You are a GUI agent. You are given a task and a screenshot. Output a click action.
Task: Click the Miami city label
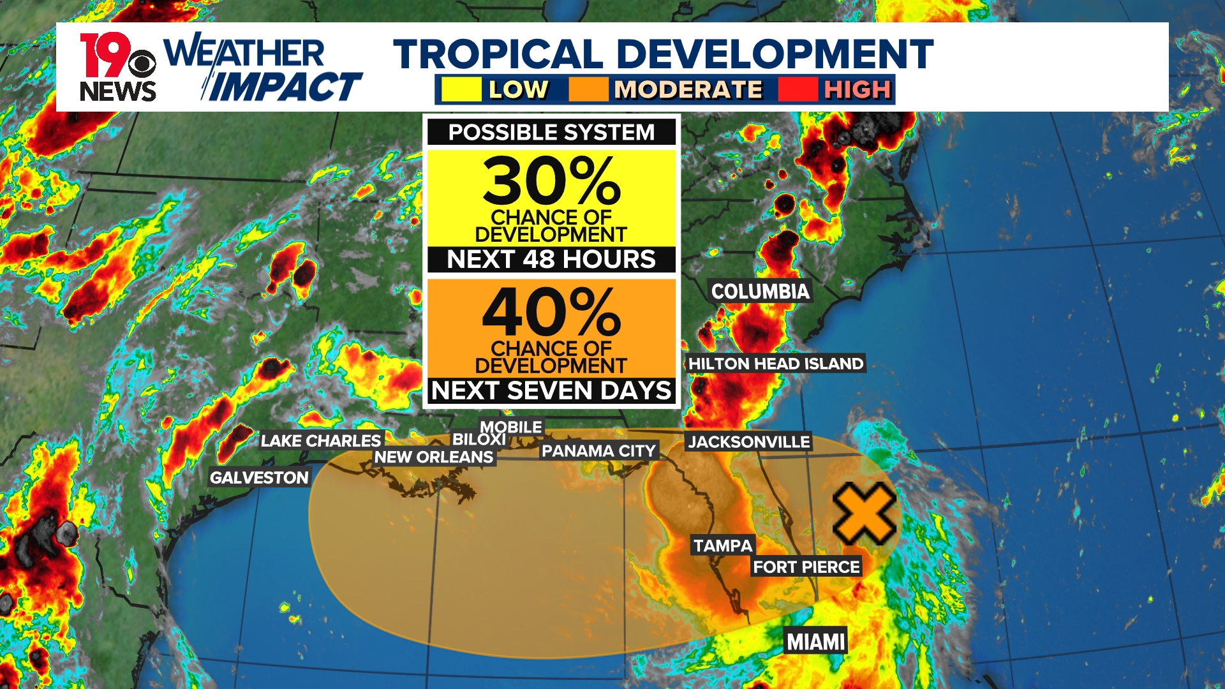(x=815, y=641)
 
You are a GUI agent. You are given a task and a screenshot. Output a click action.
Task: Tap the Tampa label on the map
(x=723, y=546)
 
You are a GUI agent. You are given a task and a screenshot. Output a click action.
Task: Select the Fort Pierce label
(x=806, y=567)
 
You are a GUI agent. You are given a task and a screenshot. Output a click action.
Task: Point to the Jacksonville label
(x=748, y=441)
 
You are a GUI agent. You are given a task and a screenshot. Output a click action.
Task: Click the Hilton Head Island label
(x=775, y=364)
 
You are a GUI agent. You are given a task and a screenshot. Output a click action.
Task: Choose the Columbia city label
(x=760, y=292)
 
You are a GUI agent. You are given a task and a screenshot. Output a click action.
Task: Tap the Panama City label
(x=598, y=451)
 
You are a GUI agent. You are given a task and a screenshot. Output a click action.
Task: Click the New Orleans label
(x=433, y=457)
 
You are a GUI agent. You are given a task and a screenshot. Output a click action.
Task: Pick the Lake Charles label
(x=320, y=441)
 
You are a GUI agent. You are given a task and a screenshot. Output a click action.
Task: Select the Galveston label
(x=259, y=478)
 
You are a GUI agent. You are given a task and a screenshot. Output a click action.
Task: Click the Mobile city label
(x=511, y=427)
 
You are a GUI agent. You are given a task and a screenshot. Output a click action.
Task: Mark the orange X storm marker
(x=864, y=513)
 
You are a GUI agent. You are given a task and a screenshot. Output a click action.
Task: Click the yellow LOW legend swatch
(x=461, y=89)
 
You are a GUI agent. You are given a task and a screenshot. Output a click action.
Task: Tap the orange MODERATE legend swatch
(x=588, y=89)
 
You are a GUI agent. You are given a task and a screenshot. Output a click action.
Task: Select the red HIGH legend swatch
(x=798, y=89)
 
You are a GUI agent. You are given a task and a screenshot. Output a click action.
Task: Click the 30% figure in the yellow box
(x=551, y=181)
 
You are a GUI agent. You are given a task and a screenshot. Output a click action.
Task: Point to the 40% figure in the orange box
(x=551, y=312)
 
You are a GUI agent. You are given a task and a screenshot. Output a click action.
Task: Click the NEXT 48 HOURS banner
(x=551, y=260)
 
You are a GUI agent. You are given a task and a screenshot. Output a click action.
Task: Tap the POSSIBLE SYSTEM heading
(x=551, y=132)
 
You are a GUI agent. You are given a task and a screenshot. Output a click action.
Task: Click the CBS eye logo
(x=142, y=64)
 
